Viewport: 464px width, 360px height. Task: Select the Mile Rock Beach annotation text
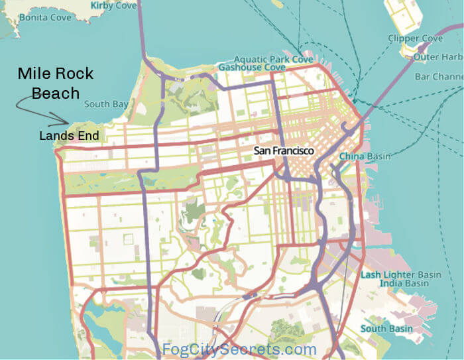point(55,83)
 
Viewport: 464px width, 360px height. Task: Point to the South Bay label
point(106,104)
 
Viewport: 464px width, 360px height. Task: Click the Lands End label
point(69,137)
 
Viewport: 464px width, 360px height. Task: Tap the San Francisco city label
point(284,151)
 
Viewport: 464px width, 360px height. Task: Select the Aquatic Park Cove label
point(273,59)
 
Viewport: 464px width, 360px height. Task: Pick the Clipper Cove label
point(416,39)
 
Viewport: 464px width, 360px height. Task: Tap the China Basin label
point(365,156)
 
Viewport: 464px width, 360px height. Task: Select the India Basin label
point(404,284)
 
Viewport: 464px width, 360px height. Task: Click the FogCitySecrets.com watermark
point(240,349)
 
